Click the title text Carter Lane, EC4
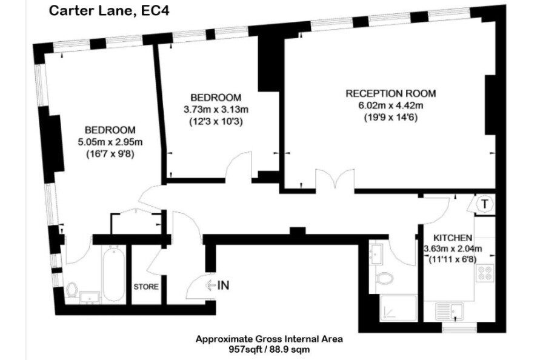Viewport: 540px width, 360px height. (109, 10)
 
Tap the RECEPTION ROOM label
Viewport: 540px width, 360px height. (390, 93)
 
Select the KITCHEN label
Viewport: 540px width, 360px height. (453, 238)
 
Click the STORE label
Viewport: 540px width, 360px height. (146, 287)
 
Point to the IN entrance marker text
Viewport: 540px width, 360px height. (223, 285)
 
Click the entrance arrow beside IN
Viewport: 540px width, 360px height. (211, 285)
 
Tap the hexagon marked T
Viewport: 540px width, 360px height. (485, 204)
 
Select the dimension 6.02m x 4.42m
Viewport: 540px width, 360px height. (390, 105)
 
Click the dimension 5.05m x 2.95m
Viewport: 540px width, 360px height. (110, 142)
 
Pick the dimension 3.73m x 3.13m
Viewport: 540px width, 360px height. (216, 110)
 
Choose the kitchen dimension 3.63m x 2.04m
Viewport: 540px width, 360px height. (453, 248)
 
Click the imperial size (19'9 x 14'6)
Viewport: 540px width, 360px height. (390, 118)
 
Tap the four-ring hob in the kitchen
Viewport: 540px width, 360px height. (485, 273)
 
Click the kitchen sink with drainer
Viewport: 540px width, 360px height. (450, 312)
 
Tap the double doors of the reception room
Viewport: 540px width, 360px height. (335, 179)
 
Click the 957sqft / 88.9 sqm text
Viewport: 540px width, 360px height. (269, 350)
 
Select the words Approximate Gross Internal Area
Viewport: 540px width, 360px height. (269, 339)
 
